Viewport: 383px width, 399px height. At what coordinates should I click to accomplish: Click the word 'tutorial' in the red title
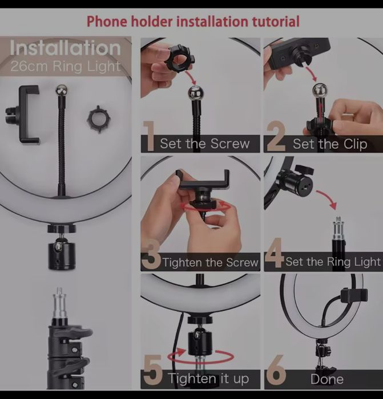click(x=276, y=22)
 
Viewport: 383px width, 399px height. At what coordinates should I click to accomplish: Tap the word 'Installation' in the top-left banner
click(x=65, y=48)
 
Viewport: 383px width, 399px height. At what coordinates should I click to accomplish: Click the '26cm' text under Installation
click(x=29, y=67)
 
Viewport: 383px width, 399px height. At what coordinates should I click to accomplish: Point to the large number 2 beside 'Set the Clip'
click(x=276, y=136)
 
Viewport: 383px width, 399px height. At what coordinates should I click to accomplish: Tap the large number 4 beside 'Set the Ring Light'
click(x=274, y=253)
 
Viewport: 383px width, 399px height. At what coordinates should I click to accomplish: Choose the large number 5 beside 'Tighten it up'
click(x=153, y=370)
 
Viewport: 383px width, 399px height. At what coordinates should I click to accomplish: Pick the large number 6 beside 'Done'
click(x=276, y=370)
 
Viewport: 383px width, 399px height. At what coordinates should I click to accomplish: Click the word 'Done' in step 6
click(x=327, y=380)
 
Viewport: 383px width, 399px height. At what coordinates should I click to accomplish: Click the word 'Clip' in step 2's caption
click(x=356, y=144)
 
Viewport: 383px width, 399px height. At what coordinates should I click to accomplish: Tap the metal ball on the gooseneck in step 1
click(x=195, y=93)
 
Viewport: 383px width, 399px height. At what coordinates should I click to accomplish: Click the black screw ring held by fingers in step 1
click(x=179, y=59)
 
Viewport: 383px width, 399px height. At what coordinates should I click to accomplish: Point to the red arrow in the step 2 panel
click(x=312, y=73)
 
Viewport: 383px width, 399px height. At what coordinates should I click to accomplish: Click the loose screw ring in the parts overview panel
click(x=99, y=119)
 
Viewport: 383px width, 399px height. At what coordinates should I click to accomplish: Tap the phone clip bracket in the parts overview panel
click(x=23, y=115)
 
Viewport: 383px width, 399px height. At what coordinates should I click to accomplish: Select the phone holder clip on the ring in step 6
click(x=354, y=297)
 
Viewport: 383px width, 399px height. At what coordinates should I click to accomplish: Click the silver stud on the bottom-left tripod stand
click(x=59, y=303)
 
